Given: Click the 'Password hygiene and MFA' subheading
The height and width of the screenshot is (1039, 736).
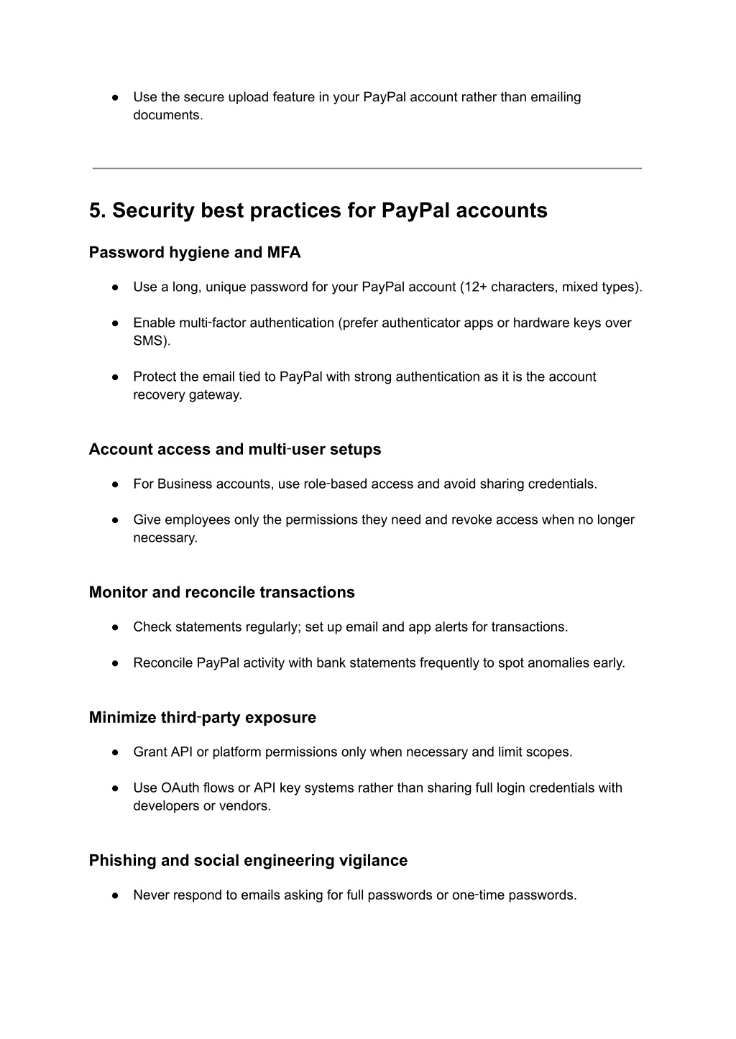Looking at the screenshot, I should [x=195, y=253].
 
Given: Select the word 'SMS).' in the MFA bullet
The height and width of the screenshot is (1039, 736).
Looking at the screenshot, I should [x=152, y=341].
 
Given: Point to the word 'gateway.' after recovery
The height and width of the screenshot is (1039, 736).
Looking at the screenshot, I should [x=215, y=395].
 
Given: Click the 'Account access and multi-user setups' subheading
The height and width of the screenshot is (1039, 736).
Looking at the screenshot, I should [x=235, y=450].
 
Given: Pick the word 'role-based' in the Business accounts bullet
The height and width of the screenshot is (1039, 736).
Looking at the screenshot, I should [x=332, y=484].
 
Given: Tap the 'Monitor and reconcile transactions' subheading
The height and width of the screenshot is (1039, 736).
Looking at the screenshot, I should [x=221, y=593].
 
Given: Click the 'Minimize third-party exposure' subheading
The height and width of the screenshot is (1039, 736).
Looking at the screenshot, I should [x=202, y=718].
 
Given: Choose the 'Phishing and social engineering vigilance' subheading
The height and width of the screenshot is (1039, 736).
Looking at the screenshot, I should [x=248, y=861].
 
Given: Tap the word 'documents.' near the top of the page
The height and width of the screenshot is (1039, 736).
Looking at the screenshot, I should [x=168, y=116].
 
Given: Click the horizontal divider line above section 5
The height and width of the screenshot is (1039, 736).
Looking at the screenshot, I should [x=367, y=168].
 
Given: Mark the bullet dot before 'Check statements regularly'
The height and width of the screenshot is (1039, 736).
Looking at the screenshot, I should [x=115, y=627].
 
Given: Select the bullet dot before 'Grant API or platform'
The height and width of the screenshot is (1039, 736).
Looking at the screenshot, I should [x=115, y=752].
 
